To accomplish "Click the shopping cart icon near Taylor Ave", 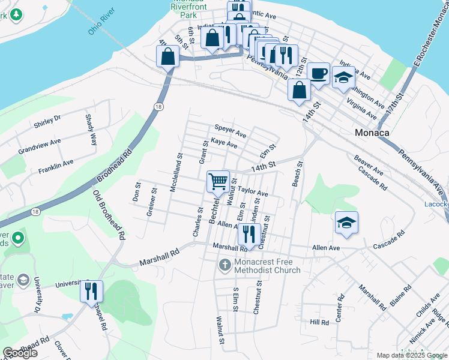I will click(x=218, y=181).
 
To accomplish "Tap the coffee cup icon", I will click(x=319, y=73).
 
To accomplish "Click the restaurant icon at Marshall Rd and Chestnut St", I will click(x=247, y=233).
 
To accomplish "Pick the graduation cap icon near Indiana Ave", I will click(x=343, y=77).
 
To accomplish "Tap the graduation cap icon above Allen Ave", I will click(x=346, y=223).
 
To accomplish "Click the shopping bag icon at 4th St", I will click(x=168, y=58).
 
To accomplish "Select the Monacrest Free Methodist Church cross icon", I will click(x=224, y=265).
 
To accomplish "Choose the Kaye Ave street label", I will click(x=224, y=145).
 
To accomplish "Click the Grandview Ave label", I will click(x=40, y=146).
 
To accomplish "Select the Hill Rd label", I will click(x=319, y=322).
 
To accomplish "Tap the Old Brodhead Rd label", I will click(x=109, y=214).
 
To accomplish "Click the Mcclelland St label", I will click(x=175, y=172).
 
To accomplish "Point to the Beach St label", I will click(x=297, y=173).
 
